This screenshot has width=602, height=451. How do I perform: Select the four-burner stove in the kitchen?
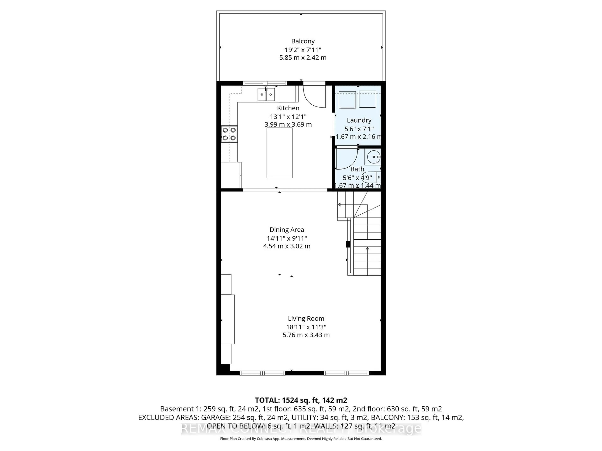(x=229, y=134)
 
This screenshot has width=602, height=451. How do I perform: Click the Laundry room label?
(x=359, y=120)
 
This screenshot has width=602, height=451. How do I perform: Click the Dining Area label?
(x=287, y=230)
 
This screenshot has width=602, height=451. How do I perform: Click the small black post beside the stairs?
(x=348, y=244)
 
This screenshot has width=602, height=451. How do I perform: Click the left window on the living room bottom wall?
(x=262, y=373)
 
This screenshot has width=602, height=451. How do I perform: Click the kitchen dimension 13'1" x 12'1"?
(x=288, y=117)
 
